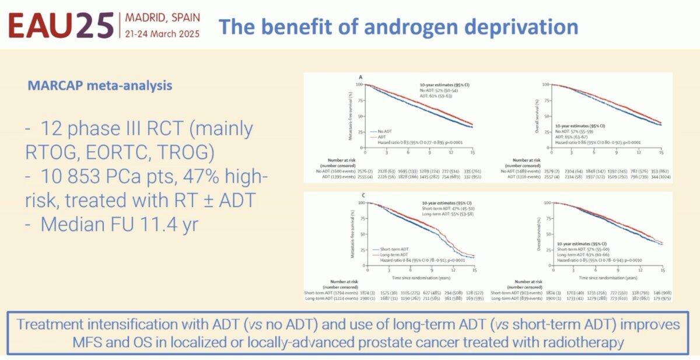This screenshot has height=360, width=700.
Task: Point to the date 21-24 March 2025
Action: pos(162,33)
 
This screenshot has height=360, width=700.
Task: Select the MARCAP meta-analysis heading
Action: pos(100,86)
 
